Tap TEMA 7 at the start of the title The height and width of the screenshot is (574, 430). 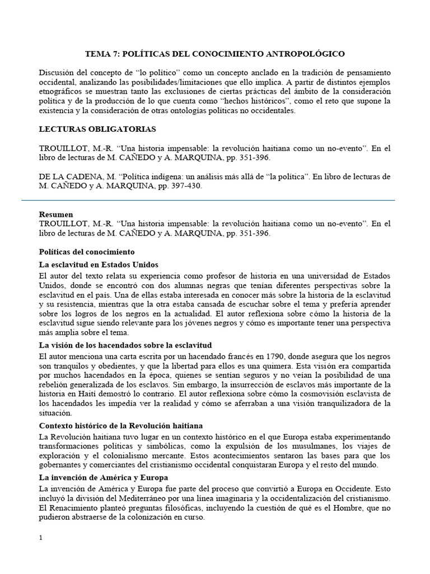tap(101, 54)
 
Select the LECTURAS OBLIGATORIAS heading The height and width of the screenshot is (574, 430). tap(97, 129)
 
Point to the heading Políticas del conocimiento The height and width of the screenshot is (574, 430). tap(87, 252)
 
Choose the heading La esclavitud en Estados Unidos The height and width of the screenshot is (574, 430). tap(99, 265)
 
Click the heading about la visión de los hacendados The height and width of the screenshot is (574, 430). tap(125, 344)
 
